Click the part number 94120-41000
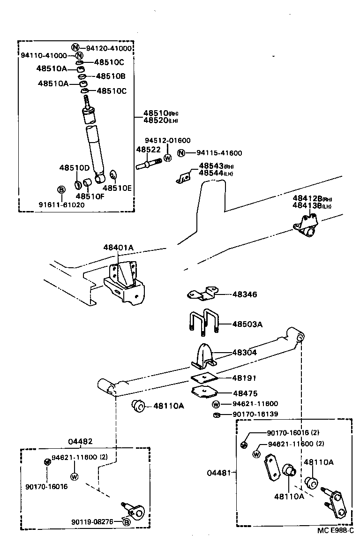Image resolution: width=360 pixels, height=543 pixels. click(108, 48)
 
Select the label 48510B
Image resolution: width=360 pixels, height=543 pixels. click(110, 76)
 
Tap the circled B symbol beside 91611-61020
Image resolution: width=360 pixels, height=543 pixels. click(61, 189)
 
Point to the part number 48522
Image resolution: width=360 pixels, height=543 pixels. click(148, 150)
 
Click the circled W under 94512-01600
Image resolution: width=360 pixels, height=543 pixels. click(168, 158)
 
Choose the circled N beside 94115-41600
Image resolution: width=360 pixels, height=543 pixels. click(181, 153)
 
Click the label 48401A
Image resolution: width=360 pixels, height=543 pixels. click(119, 247)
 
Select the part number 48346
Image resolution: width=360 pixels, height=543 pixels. click(245, 294)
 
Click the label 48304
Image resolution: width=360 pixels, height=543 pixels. click(245, 352)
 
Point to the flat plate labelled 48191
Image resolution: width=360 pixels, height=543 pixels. click(204, 377)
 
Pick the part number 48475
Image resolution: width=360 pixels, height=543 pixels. click(245, 393)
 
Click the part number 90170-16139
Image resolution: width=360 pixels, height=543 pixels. click(255, 415)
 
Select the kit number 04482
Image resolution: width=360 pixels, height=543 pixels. click(80, 441)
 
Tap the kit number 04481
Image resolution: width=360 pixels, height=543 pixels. click(218, 473)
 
